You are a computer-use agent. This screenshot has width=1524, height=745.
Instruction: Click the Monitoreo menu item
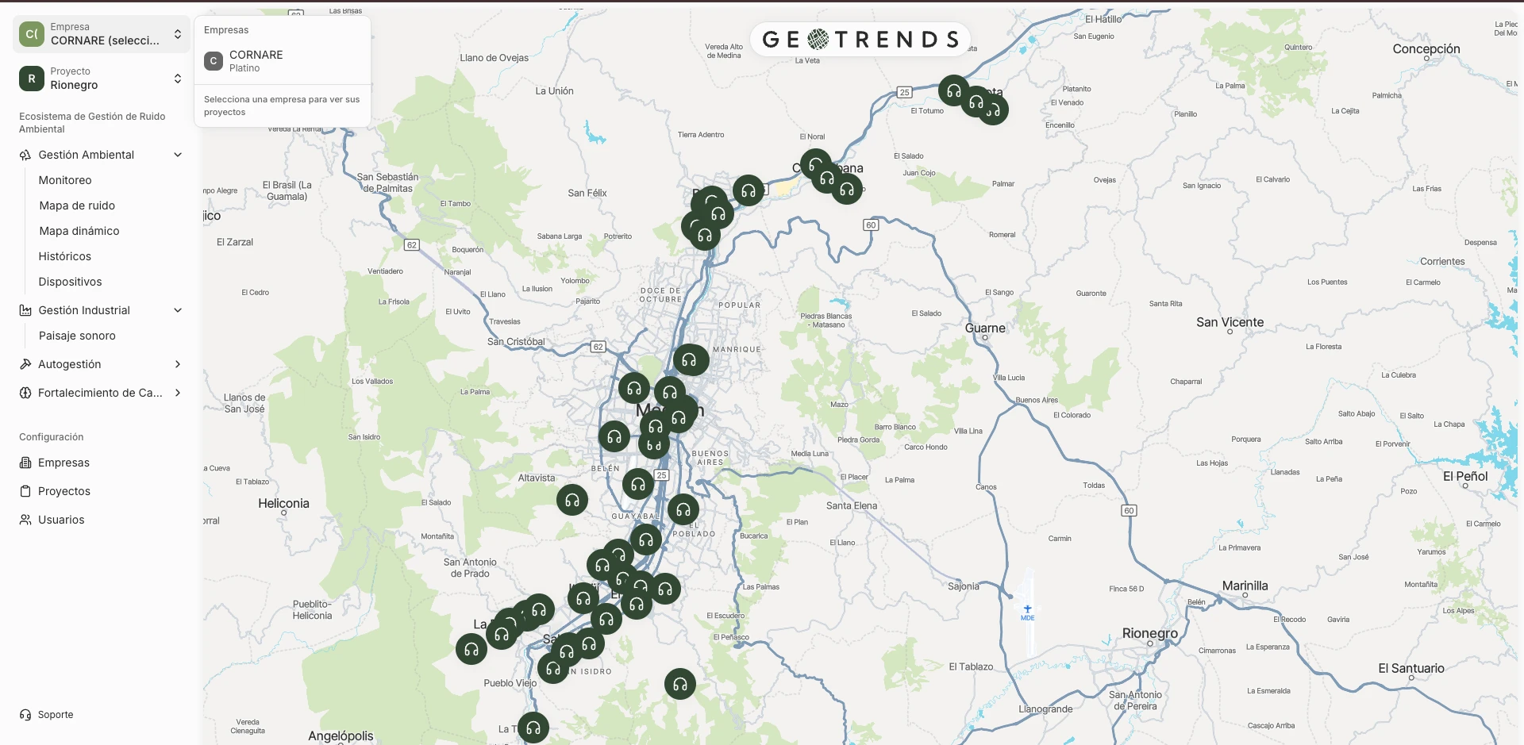65,180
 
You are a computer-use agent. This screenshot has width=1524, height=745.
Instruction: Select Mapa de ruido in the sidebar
77,205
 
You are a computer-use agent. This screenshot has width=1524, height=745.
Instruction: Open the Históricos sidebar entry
64,256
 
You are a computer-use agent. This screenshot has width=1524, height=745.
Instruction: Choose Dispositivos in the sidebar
70,282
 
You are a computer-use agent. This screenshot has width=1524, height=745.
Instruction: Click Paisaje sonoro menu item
77,336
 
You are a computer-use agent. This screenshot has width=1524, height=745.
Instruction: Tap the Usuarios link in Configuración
61,520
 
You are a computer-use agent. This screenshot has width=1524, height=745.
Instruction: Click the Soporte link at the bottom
55,715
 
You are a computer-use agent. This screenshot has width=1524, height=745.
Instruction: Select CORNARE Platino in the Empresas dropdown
256,60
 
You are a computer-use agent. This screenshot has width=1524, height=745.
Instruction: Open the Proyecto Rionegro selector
101,79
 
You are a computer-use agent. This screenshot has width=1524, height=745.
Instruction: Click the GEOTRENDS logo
860,39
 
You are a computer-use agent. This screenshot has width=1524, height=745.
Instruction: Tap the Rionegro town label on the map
1149,633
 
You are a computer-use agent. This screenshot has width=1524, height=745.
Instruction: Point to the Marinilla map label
1245,586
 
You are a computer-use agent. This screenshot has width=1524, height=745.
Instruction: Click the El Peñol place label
1464,476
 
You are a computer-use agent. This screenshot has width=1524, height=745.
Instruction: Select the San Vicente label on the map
1230,322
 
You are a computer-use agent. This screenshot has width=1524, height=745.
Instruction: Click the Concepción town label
1426,48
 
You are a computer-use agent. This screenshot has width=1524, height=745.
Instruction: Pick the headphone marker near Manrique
691,360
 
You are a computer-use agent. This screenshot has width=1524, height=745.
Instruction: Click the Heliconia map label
283,503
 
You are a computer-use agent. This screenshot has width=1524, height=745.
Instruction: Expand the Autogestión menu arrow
178,364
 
